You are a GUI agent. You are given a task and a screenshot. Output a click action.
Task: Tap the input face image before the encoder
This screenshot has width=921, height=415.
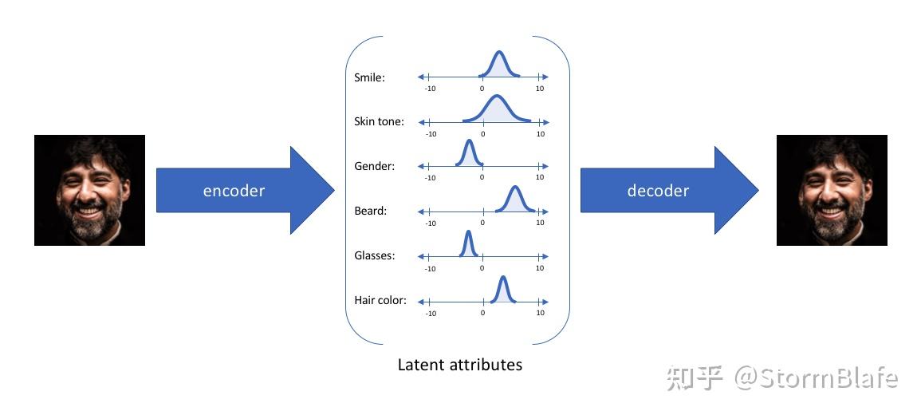click(89, 190)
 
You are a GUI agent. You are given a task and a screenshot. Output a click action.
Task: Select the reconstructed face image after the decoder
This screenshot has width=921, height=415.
click(832, 190)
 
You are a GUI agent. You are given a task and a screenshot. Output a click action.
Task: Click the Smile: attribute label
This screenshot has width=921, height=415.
click(369, 78)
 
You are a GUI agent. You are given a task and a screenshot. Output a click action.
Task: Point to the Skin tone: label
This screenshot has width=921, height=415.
click(379, 122)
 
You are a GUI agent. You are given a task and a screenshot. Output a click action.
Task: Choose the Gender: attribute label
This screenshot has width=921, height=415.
click(374, 167)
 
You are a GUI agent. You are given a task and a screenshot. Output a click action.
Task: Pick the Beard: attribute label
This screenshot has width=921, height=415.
click(370, 211)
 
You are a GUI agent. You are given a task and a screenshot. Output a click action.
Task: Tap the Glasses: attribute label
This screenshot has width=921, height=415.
click(375, 256)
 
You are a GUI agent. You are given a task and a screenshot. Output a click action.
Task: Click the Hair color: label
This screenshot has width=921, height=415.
click(380, 301)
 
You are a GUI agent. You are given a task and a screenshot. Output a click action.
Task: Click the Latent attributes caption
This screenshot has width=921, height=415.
click(459, 365)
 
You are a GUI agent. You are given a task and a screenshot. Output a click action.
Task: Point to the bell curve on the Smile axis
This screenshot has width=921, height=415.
click(499, 64)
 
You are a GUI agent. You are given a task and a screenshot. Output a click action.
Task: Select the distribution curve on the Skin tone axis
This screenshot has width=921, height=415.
click(497, 109)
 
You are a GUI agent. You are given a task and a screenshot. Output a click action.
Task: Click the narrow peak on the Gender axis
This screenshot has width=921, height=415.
click(469, 152)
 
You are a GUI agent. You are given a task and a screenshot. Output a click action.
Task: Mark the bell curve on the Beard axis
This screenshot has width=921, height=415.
click(514, 198)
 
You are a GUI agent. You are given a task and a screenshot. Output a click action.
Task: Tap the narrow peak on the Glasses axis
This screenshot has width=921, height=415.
click(468, 243)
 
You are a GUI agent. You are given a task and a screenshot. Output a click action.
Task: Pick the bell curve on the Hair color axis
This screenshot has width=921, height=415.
click(502, 288)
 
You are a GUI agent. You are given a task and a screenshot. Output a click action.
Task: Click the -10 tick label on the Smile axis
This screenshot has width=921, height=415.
click(431, 89)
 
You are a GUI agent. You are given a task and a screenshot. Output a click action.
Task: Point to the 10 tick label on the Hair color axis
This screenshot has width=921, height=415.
click(540, 312)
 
